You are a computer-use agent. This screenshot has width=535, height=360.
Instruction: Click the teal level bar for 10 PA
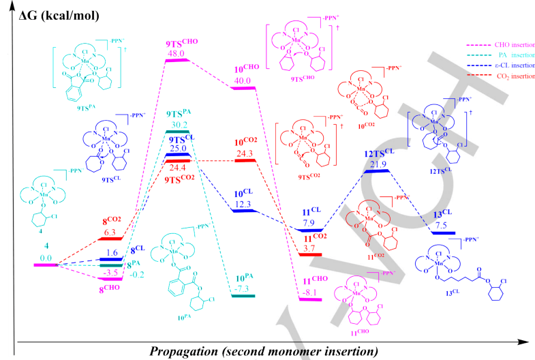pos(243,296)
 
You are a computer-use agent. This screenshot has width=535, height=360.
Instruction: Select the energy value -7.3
pos(243,288)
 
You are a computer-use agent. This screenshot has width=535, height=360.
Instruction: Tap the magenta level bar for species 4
pos(46,264)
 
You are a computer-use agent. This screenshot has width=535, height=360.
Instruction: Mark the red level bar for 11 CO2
pos(311,254)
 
